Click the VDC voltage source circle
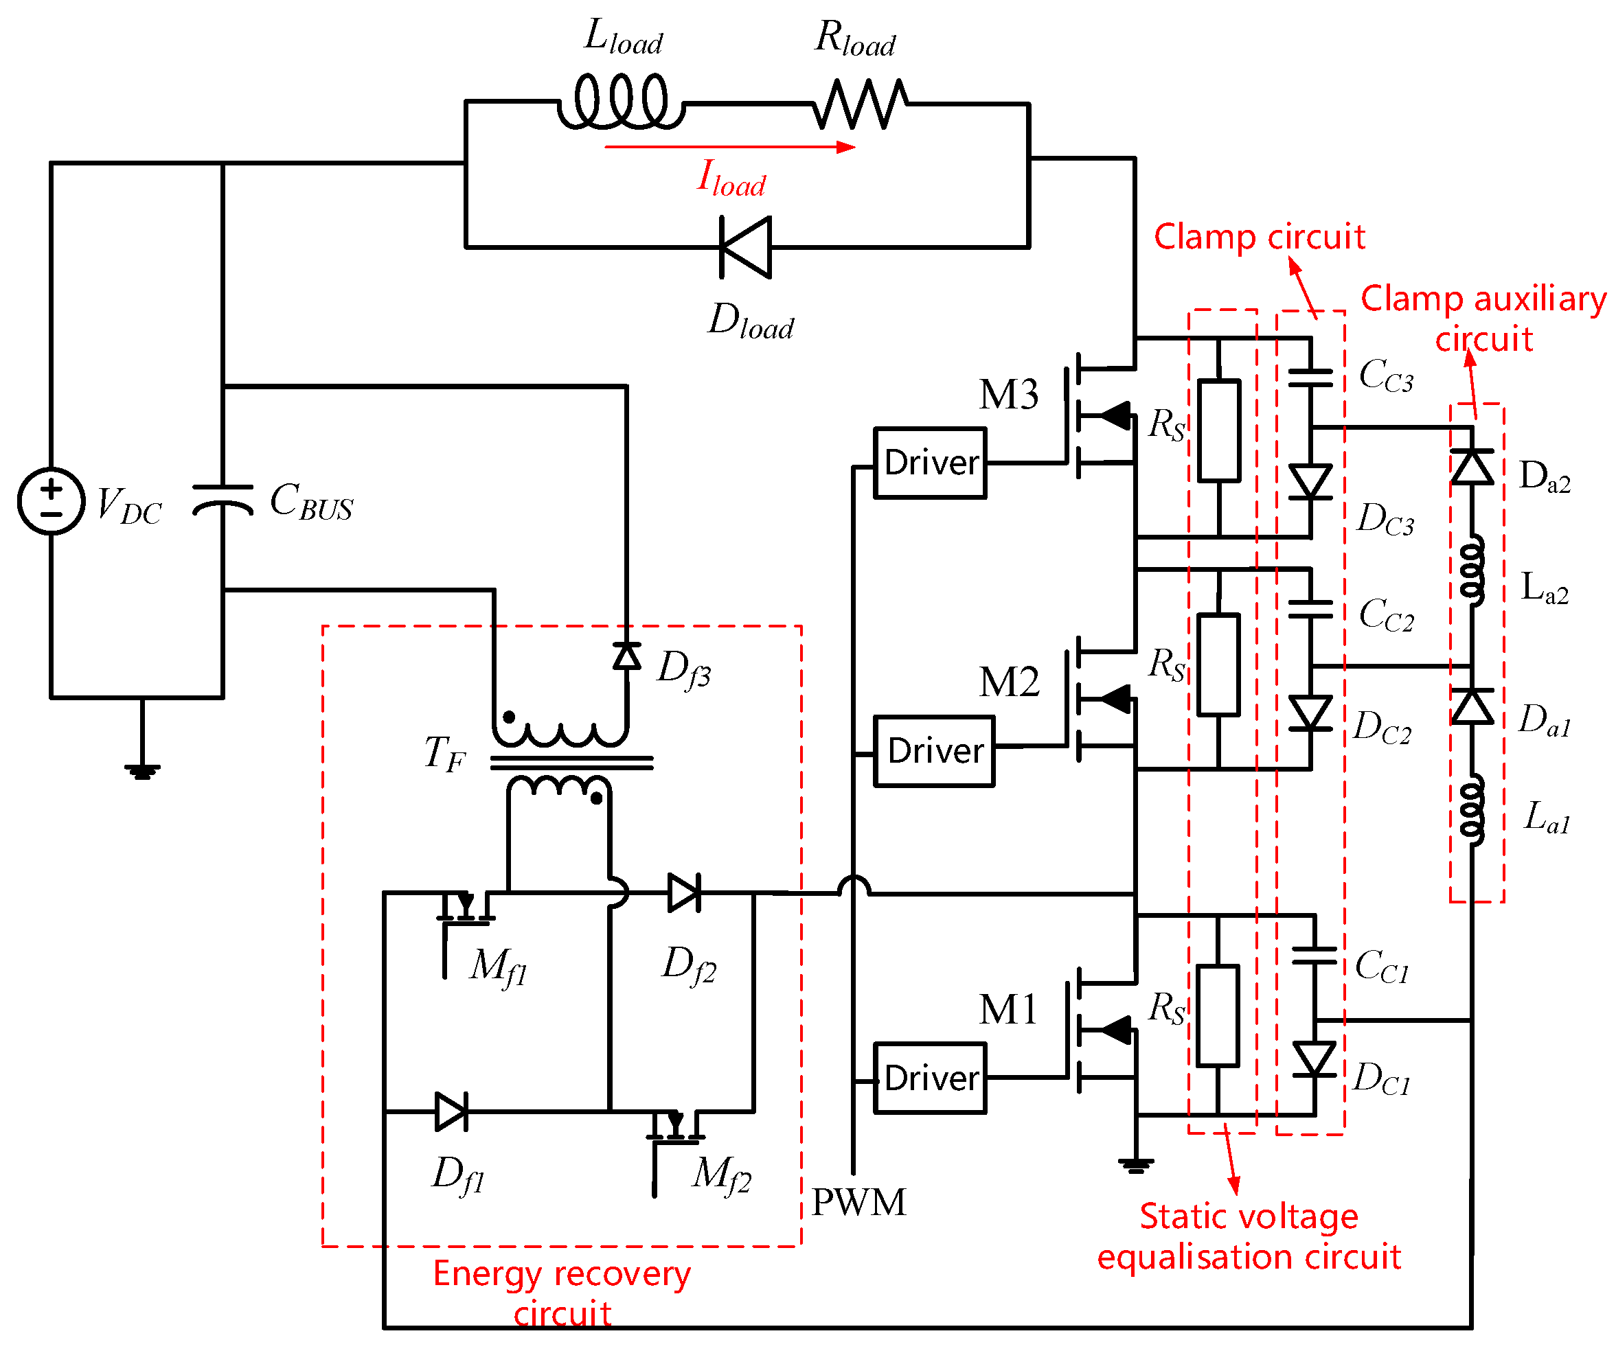[x=51, y=501]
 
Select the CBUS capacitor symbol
[x=223, y=498]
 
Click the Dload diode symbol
[x=745, y=247]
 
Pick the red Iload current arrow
[x=729, y=147]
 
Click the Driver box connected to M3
[x=930, y=463]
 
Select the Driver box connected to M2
[x=933, y=751]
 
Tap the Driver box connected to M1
[x=930, y=1078]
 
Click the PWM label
[x=858, y=1203]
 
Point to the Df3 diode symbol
[x=627, y=656]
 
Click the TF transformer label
[x=445, y=753]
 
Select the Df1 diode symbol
[x=451, y=1111]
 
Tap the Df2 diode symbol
[x=684, y=893]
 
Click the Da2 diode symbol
[x=1472, y=467]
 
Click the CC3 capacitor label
[x=1386, y=376]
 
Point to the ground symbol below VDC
[x=142, y=770]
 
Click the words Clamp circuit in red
[x=1259, y=237]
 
